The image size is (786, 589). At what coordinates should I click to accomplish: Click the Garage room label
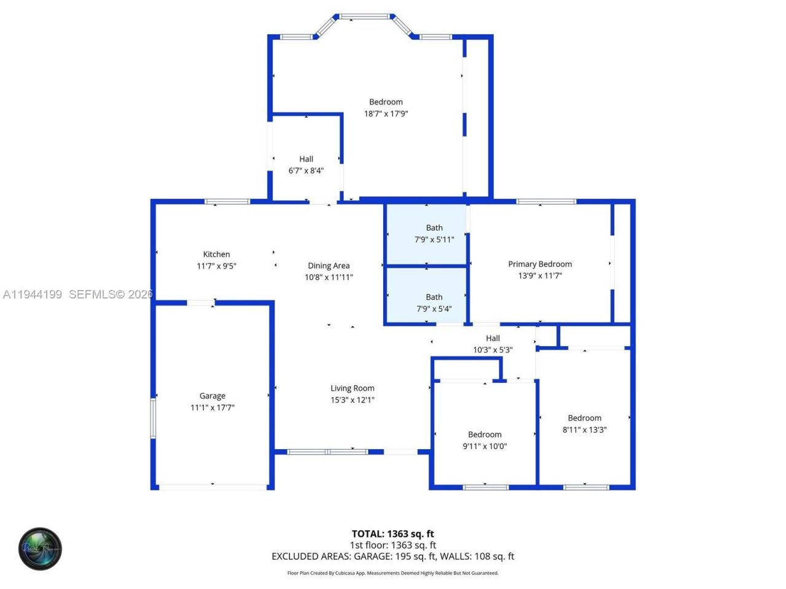[212, 396]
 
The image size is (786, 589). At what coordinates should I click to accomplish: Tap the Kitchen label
[217, 254]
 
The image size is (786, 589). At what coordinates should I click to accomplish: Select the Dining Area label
[329, 266]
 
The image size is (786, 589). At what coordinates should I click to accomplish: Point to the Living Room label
[352, 388]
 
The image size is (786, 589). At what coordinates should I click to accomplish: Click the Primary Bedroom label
[540, 264]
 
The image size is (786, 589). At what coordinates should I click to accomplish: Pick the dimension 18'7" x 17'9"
[386, 114]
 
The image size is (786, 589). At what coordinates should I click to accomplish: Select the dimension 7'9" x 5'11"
[434, 239]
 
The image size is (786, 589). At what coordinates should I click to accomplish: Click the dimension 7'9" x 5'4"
[434, 309]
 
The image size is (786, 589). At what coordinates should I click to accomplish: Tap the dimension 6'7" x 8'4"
[306, 171]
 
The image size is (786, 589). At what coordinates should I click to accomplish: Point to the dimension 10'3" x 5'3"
[492, 350]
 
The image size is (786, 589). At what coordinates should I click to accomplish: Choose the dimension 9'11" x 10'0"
[484, 446]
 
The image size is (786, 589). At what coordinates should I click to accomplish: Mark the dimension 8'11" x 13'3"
[585, 429]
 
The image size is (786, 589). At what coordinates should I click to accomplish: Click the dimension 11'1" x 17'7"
[212, 407]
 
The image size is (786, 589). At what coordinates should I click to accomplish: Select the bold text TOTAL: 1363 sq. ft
[392, 534]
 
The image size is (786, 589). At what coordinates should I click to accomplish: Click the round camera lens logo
[40, 549]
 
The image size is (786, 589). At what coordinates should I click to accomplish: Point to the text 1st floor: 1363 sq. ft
[392, 545]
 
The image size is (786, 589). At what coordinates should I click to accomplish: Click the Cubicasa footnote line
[392, 573]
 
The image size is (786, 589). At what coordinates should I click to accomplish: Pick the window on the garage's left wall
[154, 418]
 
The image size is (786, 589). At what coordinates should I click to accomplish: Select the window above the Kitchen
[227, 201]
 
